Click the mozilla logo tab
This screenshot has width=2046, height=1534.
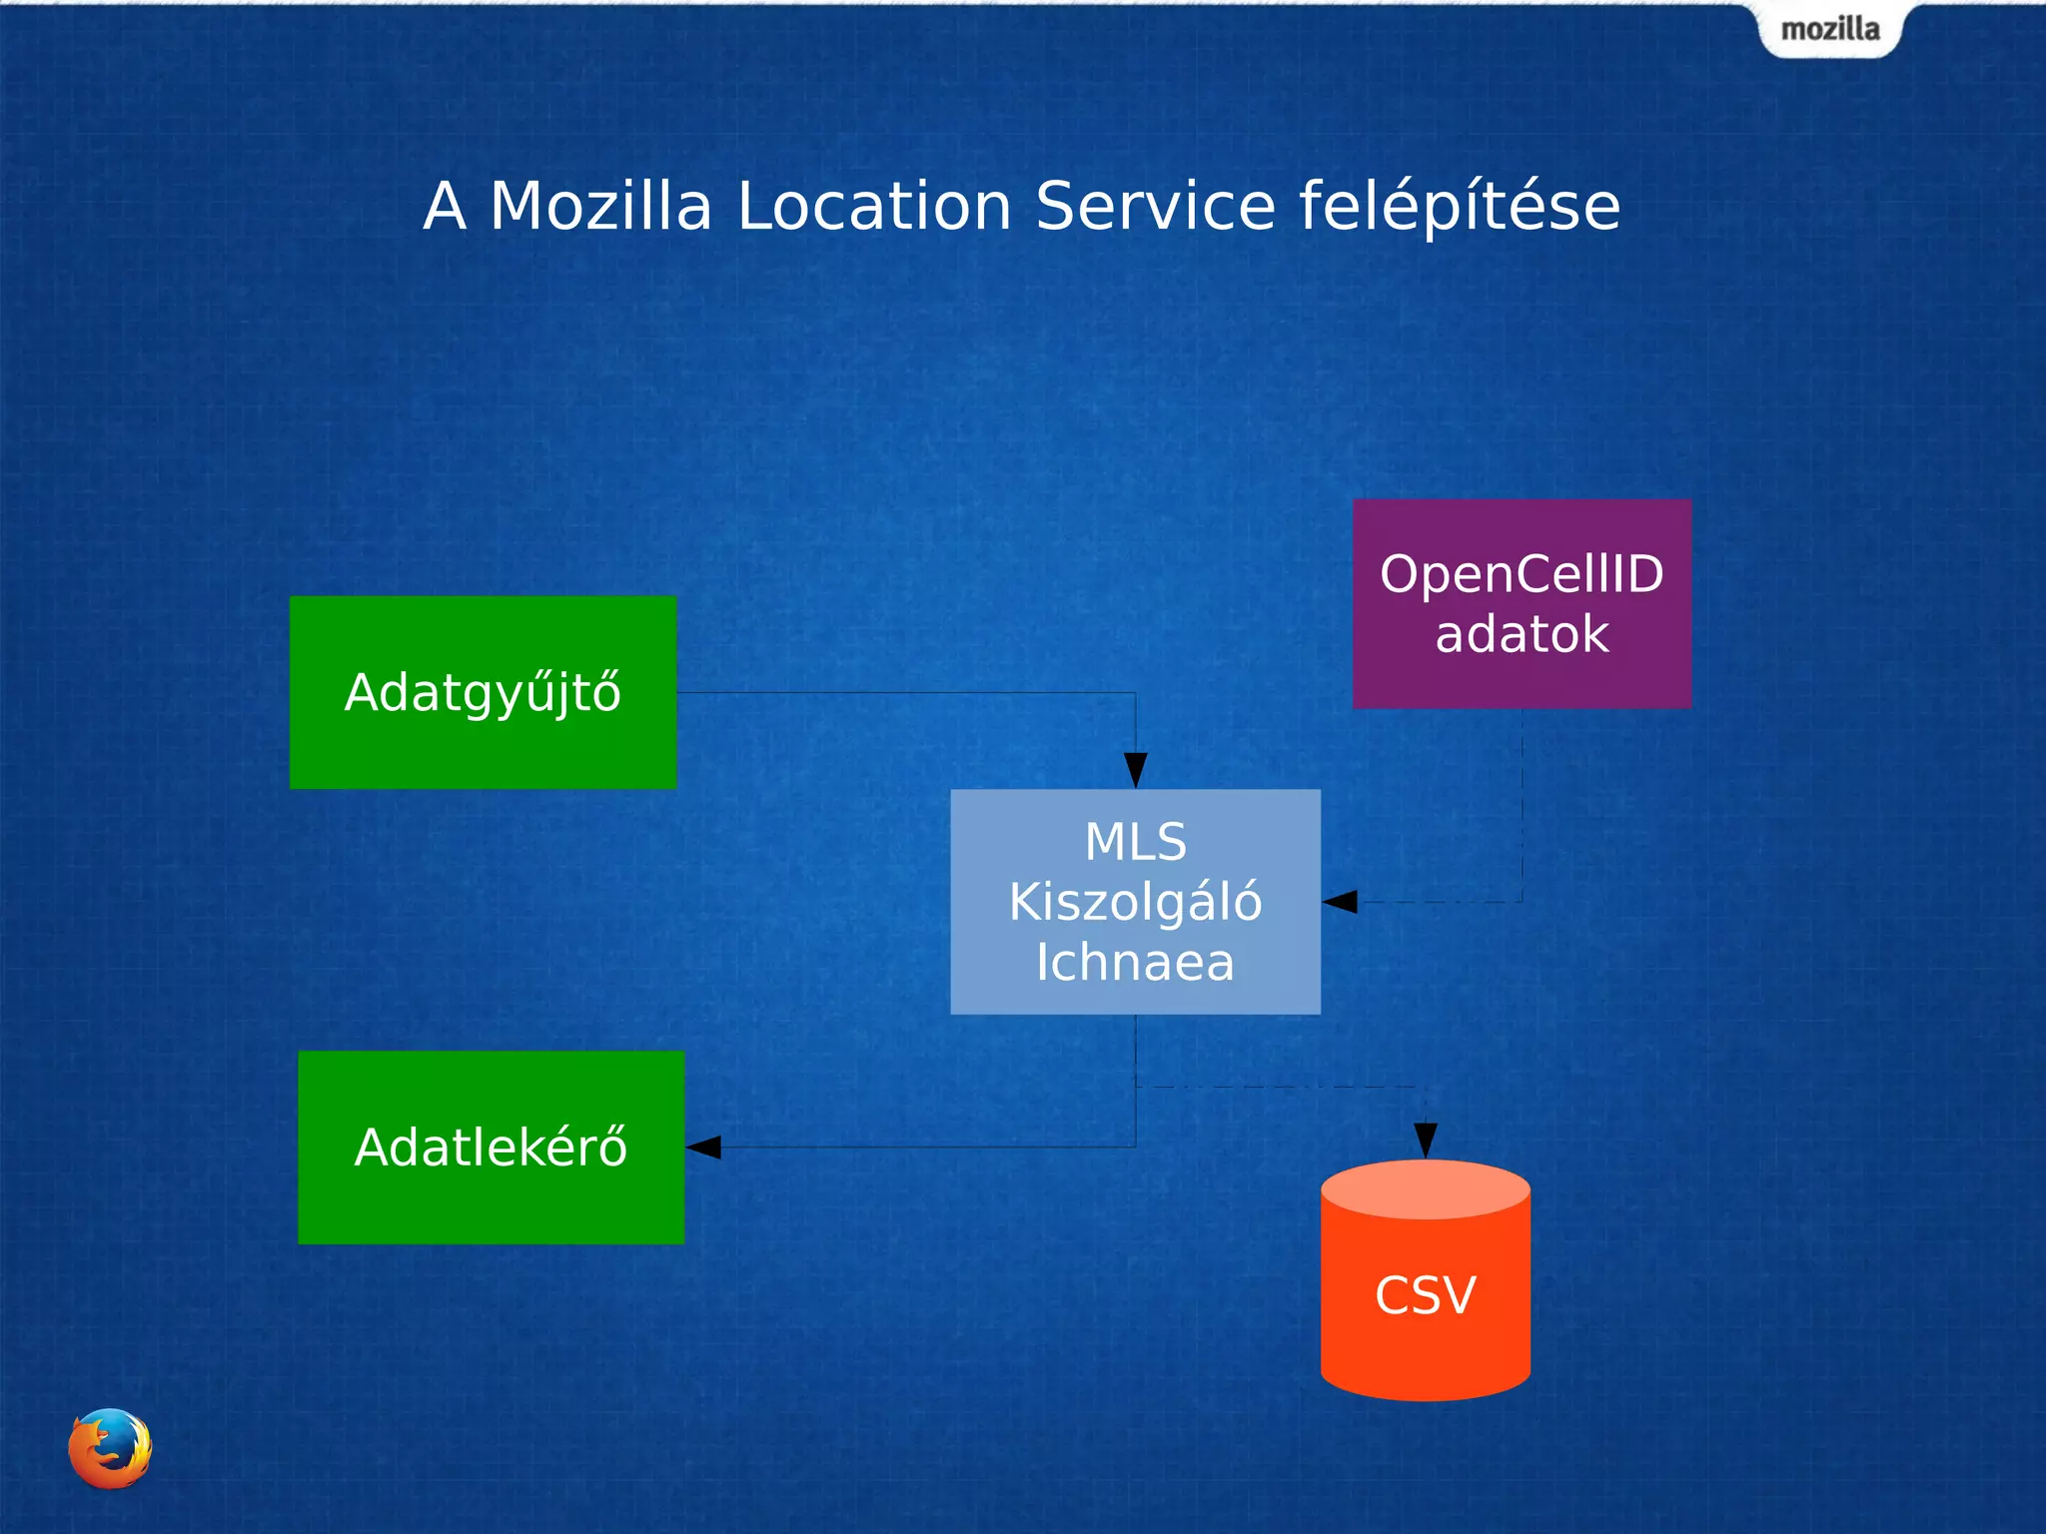1830,30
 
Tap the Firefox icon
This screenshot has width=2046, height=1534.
110,1448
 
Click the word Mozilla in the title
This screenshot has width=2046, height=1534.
600,207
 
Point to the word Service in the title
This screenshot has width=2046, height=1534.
1156,207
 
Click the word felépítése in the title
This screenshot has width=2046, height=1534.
1459,207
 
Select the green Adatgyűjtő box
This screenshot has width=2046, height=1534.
483,692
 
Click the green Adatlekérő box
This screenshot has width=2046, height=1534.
491,1147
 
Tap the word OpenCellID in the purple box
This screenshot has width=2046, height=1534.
1522,574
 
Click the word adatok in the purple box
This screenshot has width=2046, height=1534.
1522,634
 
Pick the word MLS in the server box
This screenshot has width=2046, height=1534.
1136,842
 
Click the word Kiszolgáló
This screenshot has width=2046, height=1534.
1136,902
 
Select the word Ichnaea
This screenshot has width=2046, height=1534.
1136,963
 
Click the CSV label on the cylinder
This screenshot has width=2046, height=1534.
1426,1295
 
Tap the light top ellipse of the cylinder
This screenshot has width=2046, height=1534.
1426,1188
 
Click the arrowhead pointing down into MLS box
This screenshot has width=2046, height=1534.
1136,770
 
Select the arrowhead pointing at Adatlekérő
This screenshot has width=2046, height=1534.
704,1147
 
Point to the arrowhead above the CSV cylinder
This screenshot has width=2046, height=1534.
1426,1140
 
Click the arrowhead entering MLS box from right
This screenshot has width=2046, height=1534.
1341,902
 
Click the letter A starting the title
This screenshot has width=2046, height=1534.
445,207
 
